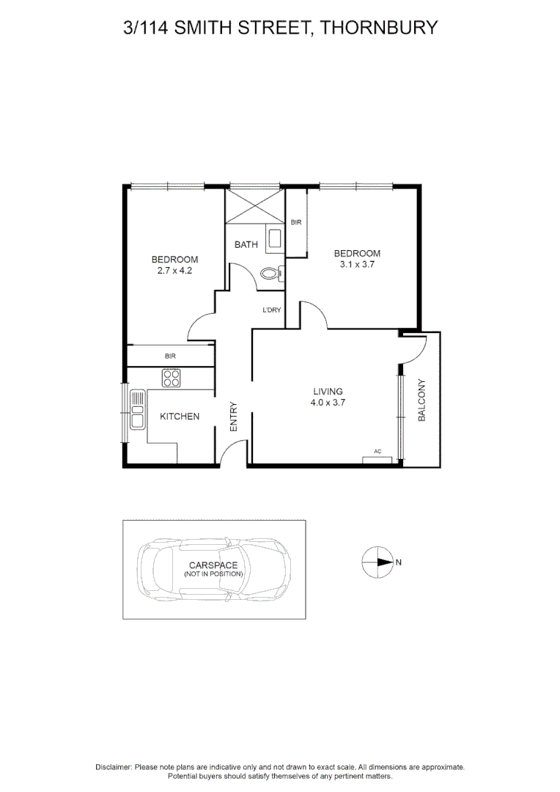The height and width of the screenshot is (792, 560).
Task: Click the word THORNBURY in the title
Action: [379, 29]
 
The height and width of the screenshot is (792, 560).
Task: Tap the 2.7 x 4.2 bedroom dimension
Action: [174, 271]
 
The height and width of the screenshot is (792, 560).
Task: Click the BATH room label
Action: [246, 244]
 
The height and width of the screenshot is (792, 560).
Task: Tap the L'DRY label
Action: [272, 310]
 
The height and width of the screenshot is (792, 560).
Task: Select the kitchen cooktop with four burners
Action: [172, 378]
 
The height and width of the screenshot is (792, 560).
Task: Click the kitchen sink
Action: [137, 410]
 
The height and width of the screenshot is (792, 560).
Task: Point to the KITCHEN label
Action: [180, 417]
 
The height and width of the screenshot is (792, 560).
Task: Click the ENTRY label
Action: [234, 417]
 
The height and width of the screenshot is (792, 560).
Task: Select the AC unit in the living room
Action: [377, 459]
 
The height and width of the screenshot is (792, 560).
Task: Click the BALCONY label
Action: [421, 400]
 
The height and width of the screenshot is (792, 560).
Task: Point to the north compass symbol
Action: [377, 562]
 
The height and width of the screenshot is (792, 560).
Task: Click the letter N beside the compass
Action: [399, 562]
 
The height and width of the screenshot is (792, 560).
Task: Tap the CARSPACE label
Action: [213, 565]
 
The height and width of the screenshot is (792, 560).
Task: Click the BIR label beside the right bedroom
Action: [296, 222]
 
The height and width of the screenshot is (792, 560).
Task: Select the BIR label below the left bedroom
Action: [170, 356]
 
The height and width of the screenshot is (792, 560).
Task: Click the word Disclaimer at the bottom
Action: [114, 766]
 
